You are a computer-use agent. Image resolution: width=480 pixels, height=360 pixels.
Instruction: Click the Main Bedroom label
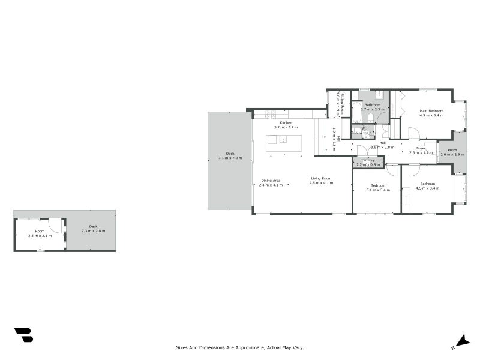point(431,111)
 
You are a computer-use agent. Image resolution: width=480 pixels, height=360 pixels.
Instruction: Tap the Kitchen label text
point(286,123)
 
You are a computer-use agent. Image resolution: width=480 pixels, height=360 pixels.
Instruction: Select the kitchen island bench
point(284,140)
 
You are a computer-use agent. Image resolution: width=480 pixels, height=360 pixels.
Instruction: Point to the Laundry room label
point(368,160)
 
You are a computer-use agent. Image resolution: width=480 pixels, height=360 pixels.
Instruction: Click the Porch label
point(452,150)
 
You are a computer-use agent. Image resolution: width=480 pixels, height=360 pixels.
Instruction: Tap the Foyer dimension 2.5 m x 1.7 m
point(421,152)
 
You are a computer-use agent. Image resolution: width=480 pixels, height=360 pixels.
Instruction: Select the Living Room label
point(321,178)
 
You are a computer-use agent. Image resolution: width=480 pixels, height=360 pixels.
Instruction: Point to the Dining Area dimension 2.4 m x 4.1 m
point(270,185)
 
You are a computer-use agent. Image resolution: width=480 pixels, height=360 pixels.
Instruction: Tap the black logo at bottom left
point(23,335)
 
